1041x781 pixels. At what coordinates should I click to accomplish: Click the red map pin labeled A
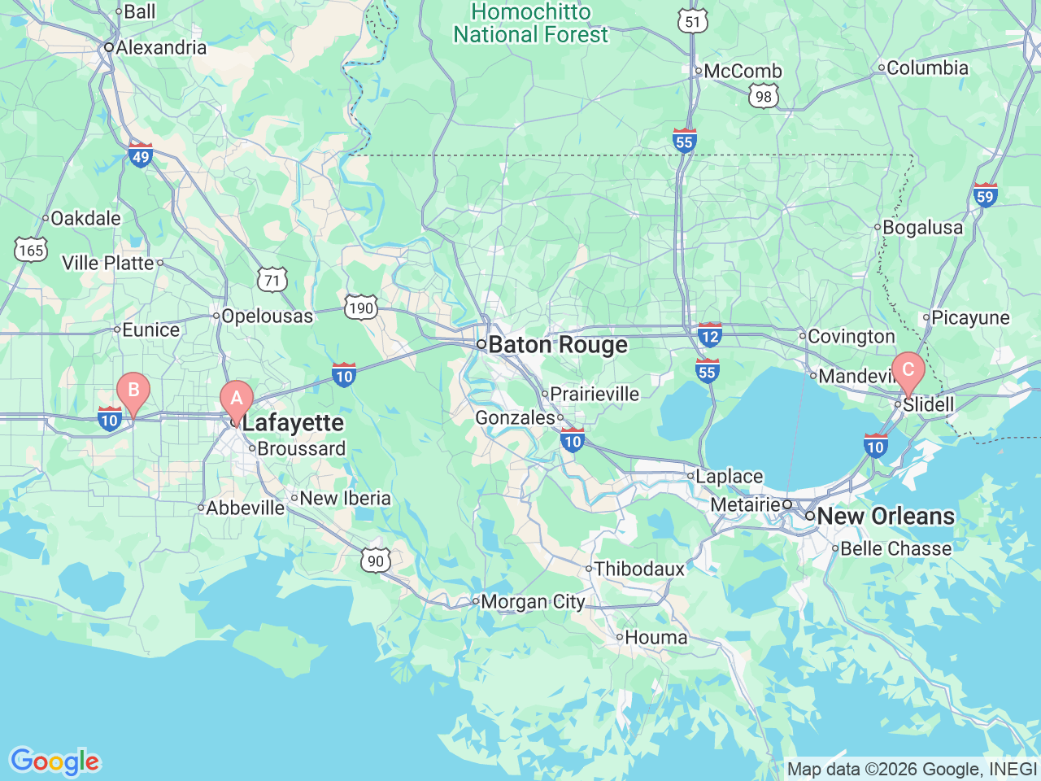tap(237, 399)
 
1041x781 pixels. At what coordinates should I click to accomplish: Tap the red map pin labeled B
tap(133, 390)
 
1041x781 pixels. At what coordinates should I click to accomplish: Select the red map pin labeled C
tap(908, 371)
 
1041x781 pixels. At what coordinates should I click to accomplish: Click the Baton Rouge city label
tap(557, 345)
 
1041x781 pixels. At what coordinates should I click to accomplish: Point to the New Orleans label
tap(885, 516)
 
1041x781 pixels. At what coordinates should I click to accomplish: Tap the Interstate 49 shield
tap(141, 155)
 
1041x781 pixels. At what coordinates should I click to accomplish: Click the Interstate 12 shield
tap(710, 334)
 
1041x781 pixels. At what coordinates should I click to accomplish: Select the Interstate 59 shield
tap(985, 195)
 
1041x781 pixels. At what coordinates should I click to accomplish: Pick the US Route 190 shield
tap(360, 308)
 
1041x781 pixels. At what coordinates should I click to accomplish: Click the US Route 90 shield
tap(375, 561)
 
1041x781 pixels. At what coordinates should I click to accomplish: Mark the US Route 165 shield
tap(31, 250)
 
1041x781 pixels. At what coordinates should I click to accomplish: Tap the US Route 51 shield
tap(693, 21)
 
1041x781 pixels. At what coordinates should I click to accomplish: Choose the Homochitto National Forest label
tap(530, 24)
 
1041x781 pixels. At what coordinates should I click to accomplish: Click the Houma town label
tap(656, 637)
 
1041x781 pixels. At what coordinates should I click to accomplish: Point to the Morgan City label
tap(533, 602)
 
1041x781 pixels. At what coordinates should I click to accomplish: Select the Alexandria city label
tap(161, 47)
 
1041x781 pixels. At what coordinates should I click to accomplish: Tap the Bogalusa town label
tap(922, 227)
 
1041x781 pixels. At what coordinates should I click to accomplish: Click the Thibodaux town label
tap(639, 569)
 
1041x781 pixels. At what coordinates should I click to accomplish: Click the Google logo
tap(54, 761)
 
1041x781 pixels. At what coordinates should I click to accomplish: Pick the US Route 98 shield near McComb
tap(763, 97)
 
